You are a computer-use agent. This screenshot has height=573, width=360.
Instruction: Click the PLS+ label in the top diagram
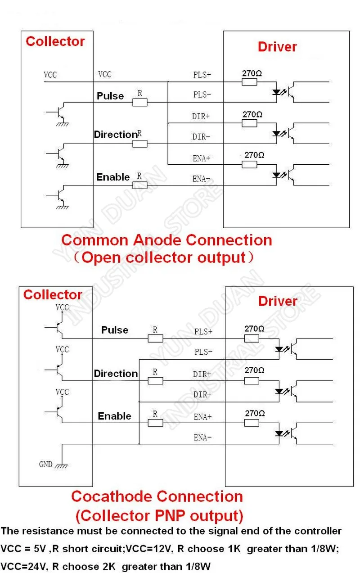tap(202, 75)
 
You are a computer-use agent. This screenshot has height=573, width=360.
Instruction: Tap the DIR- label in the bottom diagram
tap(202, 394)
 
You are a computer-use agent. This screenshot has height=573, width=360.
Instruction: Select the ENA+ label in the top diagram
tap(202, 158)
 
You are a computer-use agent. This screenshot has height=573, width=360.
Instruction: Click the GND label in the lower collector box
tap(46, 464)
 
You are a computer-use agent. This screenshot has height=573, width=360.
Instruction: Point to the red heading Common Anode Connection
tap(166, 240)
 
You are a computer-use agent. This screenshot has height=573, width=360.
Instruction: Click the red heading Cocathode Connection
tap(157, 496)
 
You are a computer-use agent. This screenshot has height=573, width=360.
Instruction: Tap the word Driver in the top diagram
tap(277, 47)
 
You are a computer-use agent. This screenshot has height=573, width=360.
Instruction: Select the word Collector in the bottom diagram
tap(53, 295)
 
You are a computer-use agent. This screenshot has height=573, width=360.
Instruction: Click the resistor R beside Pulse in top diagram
tap(140, 103)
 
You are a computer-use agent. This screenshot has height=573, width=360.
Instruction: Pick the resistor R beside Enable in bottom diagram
tap(155, 423)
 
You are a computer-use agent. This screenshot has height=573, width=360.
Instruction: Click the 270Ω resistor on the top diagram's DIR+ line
tap(249, 123)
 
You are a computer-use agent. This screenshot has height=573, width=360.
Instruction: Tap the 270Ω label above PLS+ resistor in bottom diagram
tap(254, 329)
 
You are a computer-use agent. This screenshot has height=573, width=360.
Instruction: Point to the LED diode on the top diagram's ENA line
tap(277, 175)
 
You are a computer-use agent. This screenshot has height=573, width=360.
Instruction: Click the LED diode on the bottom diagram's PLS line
tap(279, 349)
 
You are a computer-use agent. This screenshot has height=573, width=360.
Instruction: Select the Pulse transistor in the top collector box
tap(59, 112)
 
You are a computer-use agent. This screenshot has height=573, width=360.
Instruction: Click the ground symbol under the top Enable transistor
tap(62, 207)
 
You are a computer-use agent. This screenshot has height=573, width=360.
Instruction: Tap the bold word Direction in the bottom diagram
tap(116, 374)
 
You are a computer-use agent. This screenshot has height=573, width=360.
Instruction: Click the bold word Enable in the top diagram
tap(113, 177)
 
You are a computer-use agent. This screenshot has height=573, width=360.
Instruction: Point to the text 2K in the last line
tap(108, 566)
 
